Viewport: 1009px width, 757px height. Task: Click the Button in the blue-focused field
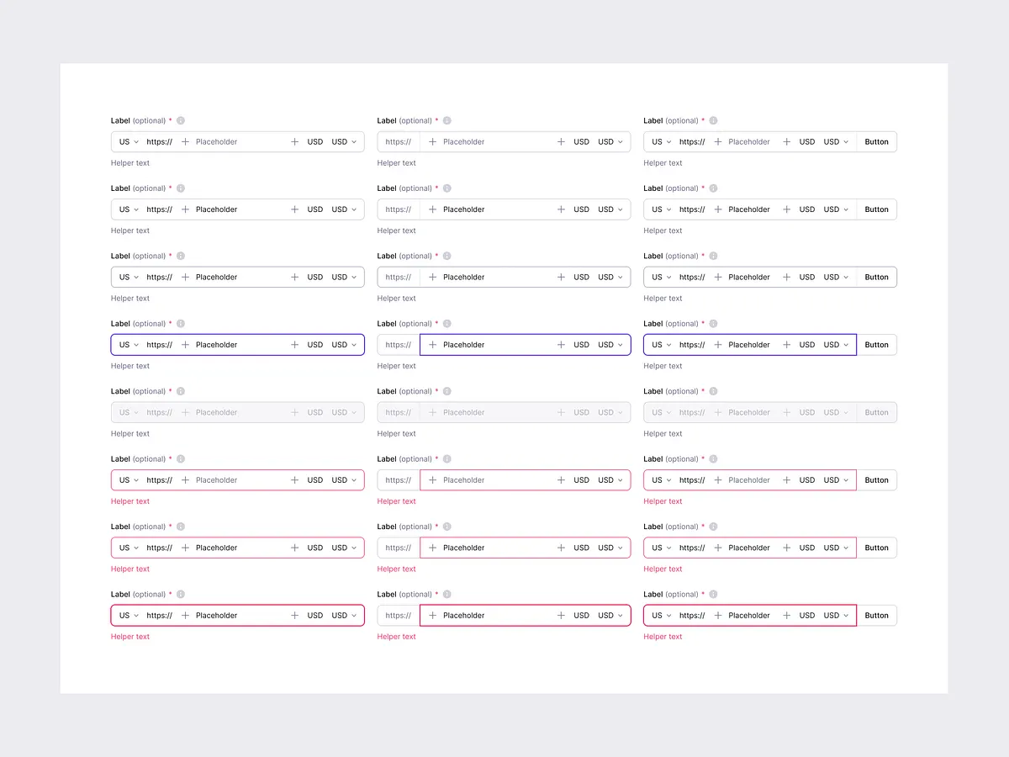(x=876, y=345)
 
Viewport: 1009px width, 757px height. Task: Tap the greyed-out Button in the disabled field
(x=876, y=412)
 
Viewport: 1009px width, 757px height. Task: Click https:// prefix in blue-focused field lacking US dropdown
(x=399, y=345)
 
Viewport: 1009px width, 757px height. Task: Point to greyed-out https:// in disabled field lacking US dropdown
(x=399, y=412)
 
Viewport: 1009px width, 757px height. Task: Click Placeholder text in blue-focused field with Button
(x=749, y=345)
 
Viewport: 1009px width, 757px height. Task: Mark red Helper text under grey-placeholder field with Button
(x=663, y=501)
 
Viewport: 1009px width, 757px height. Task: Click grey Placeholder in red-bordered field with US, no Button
(x=217, y=480)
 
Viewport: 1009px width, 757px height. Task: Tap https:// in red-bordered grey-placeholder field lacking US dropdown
(x=399, y=480)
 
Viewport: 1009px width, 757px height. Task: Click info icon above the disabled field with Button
(x=713, y=391)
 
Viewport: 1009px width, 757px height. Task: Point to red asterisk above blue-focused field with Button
(x=703, y=323)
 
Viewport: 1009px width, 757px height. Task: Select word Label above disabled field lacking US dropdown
(x=387, y=391)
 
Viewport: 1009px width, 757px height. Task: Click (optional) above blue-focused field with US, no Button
(x=149, y=324)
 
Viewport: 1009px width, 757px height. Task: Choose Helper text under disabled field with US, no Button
(x=130, y=434)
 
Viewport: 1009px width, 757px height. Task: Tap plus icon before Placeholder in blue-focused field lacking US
(x=432, y=345)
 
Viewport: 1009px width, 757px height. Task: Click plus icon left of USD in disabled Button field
(x=786, y=412)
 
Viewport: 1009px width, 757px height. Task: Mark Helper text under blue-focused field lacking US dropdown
(x=397, y=366)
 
